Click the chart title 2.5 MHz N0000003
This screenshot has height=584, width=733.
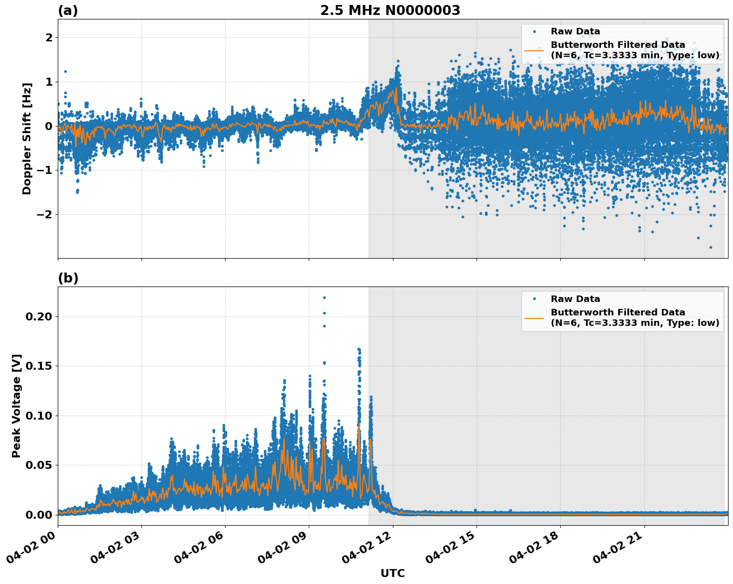390,10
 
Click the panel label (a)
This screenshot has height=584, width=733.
68,10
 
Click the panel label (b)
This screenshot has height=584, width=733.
68,278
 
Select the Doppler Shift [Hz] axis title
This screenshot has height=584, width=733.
27,139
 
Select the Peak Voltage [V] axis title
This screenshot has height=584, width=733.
16,406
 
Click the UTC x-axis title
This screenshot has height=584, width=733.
392,573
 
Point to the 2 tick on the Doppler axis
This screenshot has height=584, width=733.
49,38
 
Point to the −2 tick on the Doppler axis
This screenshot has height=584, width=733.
45,214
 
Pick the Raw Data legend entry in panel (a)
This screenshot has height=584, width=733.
575,31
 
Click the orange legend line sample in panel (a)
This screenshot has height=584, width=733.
534,50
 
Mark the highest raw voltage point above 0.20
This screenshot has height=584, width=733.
324,297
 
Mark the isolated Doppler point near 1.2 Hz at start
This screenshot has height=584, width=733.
65,71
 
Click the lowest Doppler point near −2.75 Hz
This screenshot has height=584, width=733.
711,247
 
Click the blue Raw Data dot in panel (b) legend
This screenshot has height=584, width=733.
534,299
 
